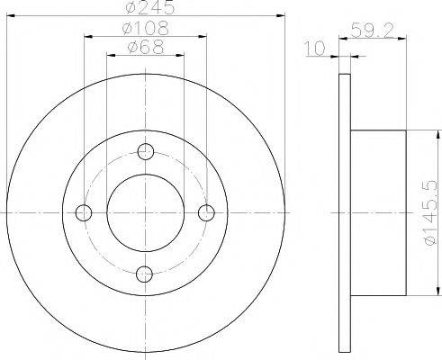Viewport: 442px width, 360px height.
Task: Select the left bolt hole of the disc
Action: coord(85,213)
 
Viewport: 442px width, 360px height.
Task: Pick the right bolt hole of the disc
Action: coord(207,213)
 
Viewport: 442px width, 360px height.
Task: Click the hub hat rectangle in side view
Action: coord(379,213)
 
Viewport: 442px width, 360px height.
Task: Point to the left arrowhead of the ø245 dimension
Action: coord(10,18)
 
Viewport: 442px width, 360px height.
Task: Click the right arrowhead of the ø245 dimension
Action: coord(282,18)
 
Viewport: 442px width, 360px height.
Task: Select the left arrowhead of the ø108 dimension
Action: coord(89,37)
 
